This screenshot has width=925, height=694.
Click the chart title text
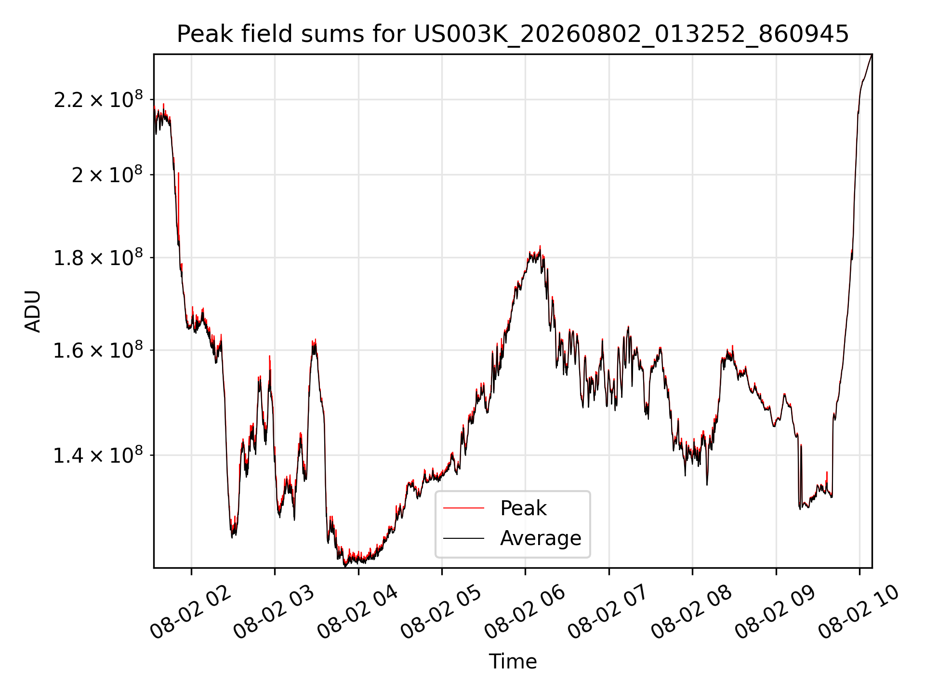click(x=513, y=34)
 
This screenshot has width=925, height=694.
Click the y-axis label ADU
click(x=33, y=311)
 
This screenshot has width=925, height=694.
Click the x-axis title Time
click(x=513, y=661)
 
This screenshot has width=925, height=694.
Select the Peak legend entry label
click(x=523, y=508)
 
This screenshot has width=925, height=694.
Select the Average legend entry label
click(x=541, y=538)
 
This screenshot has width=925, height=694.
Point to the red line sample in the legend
click(x=463, y=508)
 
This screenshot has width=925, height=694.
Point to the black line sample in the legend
click(x=463, y=538)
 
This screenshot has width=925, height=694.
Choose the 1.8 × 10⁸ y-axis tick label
click(x=98, y=257)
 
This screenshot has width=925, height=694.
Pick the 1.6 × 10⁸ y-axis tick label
click(x=98, y=349)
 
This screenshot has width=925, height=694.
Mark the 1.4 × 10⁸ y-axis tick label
click(x=98, y=454)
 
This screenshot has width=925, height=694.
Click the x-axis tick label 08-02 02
click(x=190, y=612)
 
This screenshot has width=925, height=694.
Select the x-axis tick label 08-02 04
click(x=357, y=612)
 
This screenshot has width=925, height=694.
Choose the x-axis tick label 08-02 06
click(x=524, y=612)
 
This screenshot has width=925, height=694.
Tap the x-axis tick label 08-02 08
click(x=691, y=612)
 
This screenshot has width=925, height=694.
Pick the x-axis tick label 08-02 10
click(x=859, y=612)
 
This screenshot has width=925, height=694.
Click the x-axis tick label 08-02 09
click(x=775, y=612)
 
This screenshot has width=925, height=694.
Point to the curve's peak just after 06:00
click(x=540, y=246)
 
